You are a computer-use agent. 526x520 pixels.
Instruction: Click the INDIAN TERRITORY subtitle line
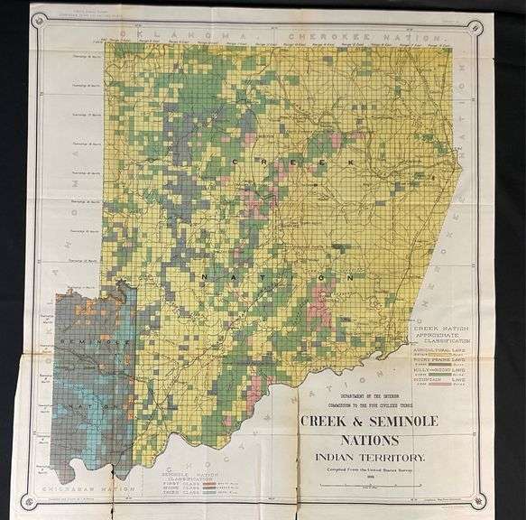pyautogui.click(x=365, y=458)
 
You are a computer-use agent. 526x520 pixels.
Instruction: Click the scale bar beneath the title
pyautogui.click(x=365, y=484)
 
